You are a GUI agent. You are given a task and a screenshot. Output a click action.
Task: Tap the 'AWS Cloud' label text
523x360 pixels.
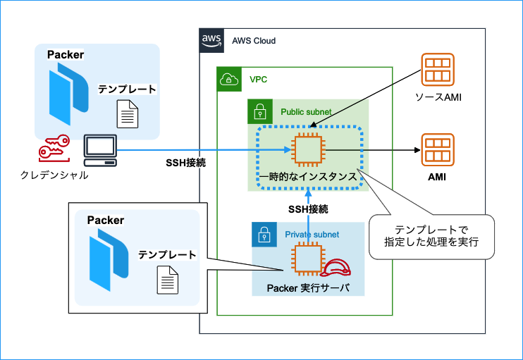tap(254, 41)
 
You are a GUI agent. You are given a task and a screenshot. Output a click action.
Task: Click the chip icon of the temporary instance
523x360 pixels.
tap(307, 149)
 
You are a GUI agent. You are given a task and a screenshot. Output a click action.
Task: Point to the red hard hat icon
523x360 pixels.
tap(336, 268)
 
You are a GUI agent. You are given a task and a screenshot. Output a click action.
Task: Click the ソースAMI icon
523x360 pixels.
tap(437, 69)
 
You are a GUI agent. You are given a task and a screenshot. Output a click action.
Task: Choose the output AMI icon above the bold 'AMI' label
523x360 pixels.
tap(437, 149)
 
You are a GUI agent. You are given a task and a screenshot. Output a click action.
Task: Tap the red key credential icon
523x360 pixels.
tap(54, 148)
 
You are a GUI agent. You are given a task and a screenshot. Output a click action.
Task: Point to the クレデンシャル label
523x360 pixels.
tap(54, 174)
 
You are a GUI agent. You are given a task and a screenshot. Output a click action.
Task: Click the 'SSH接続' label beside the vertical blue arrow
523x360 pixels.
tap(308, 209)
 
